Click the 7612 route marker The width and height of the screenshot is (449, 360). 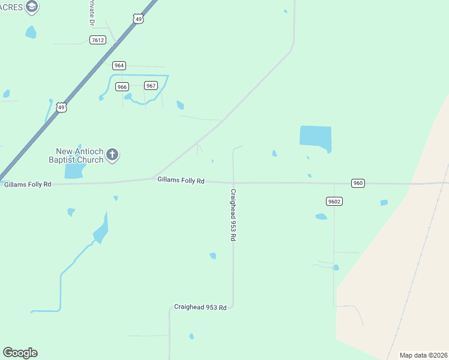pos(97,40)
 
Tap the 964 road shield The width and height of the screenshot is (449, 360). pos(119,65)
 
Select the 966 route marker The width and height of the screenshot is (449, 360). pos(122,86)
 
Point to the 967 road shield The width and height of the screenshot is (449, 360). pos(151,85)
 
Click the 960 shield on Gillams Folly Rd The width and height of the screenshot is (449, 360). pos(358,183)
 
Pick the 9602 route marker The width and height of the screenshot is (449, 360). pos(334,201)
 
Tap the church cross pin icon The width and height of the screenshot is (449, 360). pos(112,155)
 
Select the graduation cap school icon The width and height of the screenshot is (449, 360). pos(32,7)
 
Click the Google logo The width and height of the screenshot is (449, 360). pos(20,353)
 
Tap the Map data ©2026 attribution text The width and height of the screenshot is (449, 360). pos(424,355)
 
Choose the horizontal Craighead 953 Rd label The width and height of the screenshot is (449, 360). pos(200,307)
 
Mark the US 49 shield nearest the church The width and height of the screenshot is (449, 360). pos(61,107)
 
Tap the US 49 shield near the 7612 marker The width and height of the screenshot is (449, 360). pos(139,19)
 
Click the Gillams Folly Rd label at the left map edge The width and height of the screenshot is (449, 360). pos(28,184)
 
